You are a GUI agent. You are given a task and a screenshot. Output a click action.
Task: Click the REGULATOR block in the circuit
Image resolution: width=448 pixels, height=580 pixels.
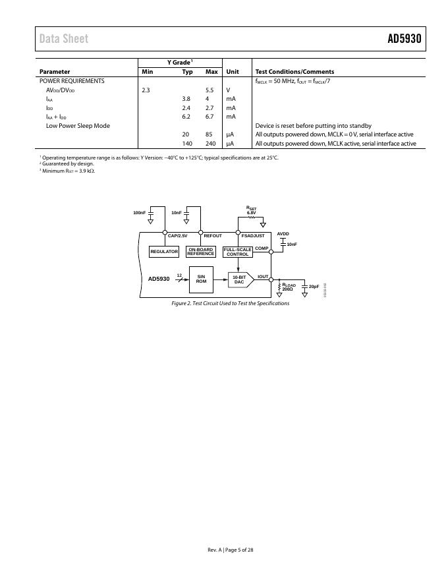point(164,252)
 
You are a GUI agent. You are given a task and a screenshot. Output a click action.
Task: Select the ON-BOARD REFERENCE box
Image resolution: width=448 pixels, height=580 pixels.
point(200,252)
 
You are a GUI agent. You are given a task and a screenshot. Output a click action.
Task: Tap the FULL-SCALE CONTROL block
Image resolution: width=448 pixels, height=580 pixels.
point(238,252)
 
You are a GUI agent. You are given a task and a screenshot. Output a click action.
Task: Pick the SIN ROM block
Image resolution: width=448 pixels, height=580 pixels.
point(202,279)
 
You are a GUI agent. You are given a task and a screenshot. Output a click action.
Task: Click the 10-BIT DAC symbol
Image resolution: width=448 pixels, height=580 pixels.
point(240,280)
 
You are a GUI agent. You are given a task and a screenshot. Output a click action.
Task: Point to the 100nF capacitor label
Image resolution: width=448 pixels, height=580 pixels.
point(139,213)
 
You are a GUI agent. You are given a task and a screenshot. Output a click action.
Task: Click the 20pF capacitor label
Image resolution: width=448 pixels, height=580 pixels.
point(314,286)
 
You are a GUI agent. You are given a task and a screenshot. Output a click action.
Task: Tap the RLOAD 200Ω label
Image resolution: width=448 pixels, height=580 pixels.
point(289,287)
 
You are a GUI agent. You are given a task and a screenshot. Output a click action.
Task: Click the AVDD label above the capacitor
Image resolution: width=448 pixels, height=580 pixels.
point(283,233)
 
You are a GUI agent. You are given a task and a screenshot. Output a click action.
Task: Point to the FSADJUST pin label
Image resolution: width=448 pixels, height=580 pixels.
point(253,235)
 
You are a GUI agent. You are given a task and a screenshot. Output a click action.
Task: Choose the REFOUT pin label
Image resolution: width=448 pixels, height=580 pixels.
point(213,235)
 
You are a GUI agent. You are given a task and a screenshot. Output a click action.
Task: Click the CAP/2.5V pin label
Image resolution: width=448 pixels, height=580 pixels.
point(178,235)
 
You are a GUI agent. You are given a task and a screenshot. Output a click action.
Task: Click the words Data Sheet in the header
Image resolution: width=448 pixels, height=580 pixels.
point(63,39)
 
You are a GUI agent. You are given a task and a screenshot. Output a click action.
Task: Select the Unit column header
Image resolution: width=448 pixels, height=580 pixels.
point(233,72)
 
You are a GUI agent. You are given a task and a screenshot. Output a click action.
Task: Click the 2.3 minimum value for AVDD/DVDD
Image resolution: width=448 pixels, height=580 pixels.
point(146,90)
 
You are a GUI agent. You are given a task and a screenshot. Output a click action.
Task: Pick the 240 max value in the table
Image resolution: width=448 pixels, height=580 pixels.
point(210,143)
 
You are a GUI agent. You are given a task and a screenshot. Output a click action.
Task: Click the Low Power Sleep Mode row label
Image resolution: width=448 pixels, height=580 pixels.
point(78,125)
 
